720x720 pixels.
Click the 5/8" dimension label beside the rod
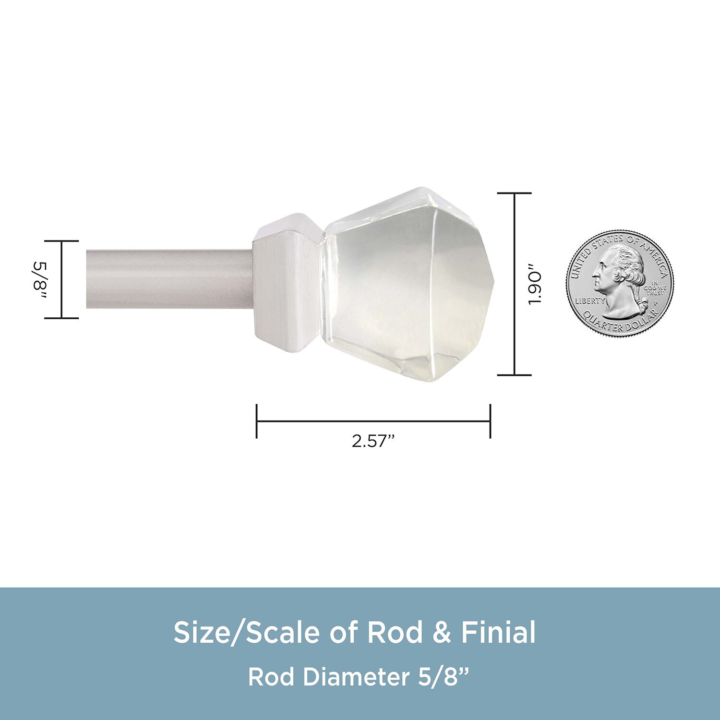[x=39, y=279]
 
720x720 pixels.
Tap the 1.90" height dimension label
[x=534, y=284]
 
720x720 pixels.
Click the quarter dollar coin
[x=620, y=282]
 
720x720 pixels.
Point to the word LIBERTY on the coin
[x=590, y=301]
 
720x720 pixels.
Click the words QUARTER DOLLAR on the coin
[x=620, y=323]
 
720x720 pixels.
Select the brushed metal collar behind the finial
[x=287, y=283]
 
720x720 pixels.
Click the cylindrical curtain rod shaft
[x=169, y=279]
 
